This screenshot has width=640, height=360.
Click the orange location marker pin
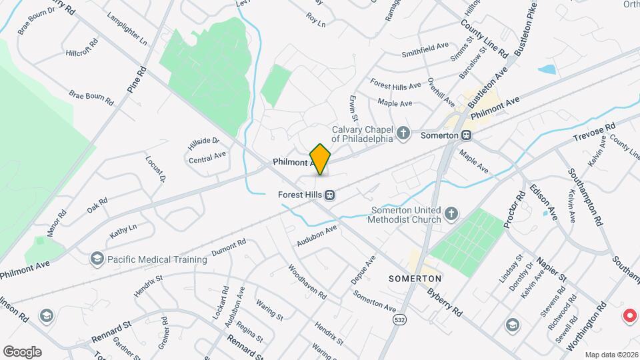point(321,159)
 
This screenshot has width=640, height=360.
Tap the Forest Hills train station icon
point(329,195)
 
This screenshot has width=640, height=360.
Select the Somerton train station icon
point(467,135)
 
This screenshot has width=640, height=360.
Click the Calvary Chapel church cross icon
point(403,133)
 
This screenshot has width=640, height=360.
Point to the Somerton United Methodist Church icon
point(451,214)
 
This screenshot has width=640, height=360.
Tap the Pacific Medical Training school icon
point(97,259)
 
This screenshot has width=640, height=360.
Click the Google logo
point(22,351)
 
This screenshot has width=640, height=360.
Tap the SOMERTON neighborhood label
point(415,278)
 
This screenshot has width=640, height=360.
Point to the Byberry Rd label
point(445,301)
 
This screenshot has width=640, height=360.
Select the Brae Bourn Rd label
point(91,99)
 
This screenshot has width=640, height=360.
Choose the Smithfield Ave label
point(425,50)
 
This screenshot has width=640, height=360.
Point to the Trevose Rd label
point(594,132)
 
